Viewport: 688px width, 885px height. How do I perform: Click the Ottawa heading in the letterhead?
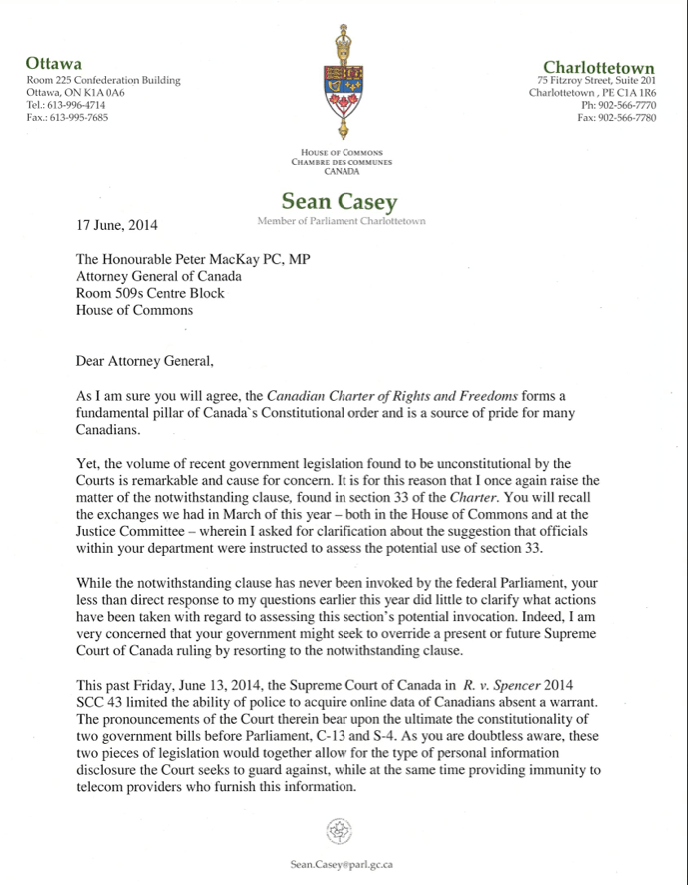[x=53, y=63]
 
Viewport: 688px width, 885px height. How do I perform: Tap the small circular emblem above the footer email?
[x=342, y=831]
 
